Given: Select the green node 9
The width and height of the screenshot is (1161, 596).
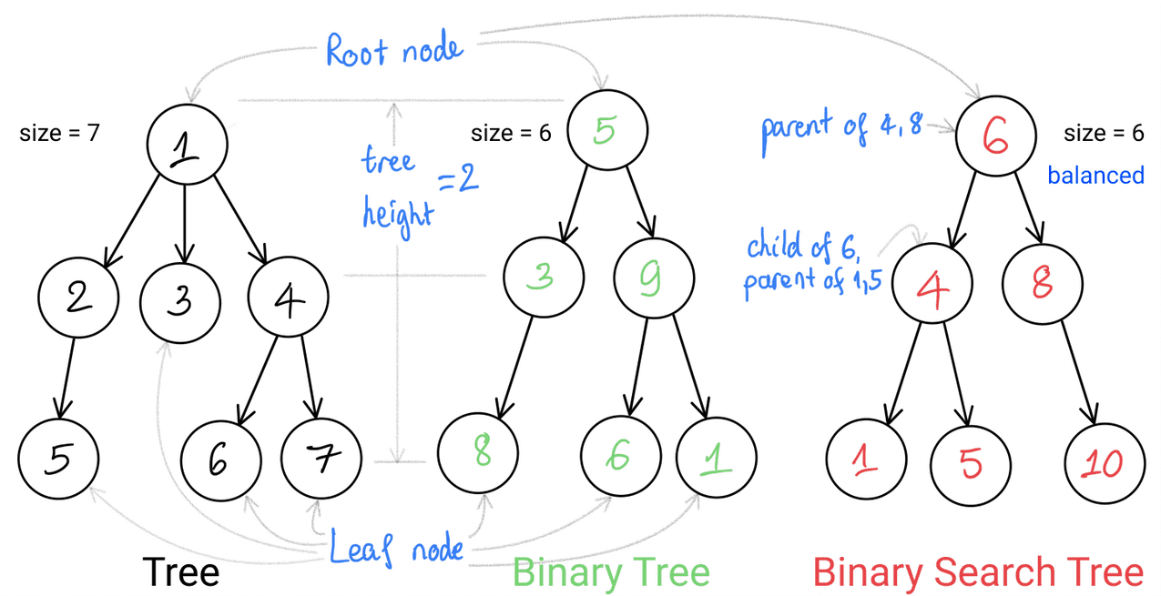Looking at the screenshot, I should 653,278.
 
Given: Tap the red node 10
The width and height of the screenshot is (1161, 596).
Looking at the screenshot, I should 1105,464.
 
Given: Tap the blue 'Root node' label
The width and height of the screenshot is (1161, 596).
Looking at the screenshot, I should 394,49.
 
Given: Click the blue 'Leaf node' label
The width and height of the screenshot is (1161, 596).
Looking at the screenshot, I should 396,549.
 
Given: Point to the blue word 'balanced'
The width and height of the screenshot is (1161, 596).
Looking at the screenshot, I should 1095,175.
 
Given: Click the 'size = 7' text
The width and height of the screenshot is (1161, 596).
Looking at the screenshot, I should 60,134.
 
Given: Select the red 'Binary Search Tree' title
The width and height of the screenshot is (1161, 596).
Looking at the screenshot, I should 977,573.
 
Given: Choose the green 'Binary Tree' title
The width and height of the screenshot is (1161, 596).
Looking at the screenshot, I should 610,573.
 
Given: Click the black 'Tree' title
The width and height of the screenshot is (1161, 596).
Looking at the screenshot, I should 180,573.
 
